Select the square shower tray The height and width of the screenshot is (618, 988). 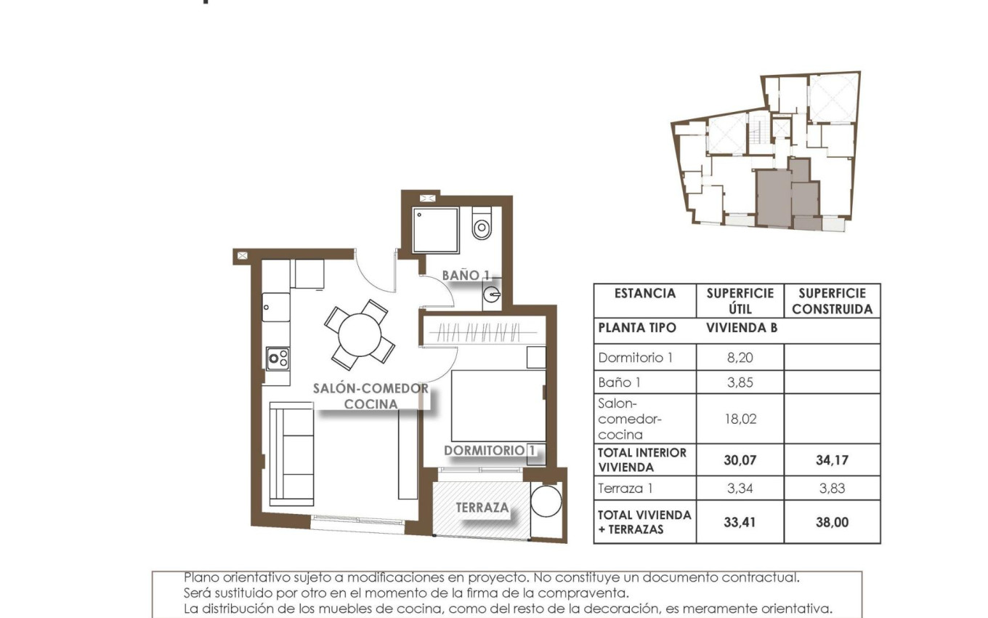[436, 230]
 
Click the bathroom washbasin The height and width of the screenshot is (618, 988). [492, 294]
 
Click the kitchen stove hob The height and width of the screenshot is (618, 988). [278, 357]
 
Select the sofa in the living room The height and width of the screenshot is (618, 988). [291, 453]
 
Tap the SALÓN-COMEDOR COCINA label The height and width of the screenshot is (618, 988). [370, 396]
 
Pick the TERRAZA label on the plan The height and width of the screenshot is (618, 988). [482, 507]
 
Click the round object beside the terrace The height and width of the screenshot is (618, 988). [546, 502]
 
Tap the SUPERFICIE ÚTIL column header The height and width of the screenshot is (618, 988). [740, 300]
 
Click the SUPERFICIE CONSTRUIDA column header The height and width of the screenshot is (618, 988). [832, 300]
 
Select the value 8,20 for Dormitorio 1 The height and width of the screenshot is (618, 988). [740, 358]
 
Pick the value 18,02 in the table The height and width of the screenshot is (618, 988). [740, 419]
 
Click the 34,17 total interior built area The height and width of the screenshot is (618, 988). [832, 460]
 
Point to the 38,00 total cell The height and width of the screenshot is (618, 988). [832, 522]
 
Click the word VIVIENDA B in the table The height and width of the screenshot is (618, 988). [741, 328]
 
